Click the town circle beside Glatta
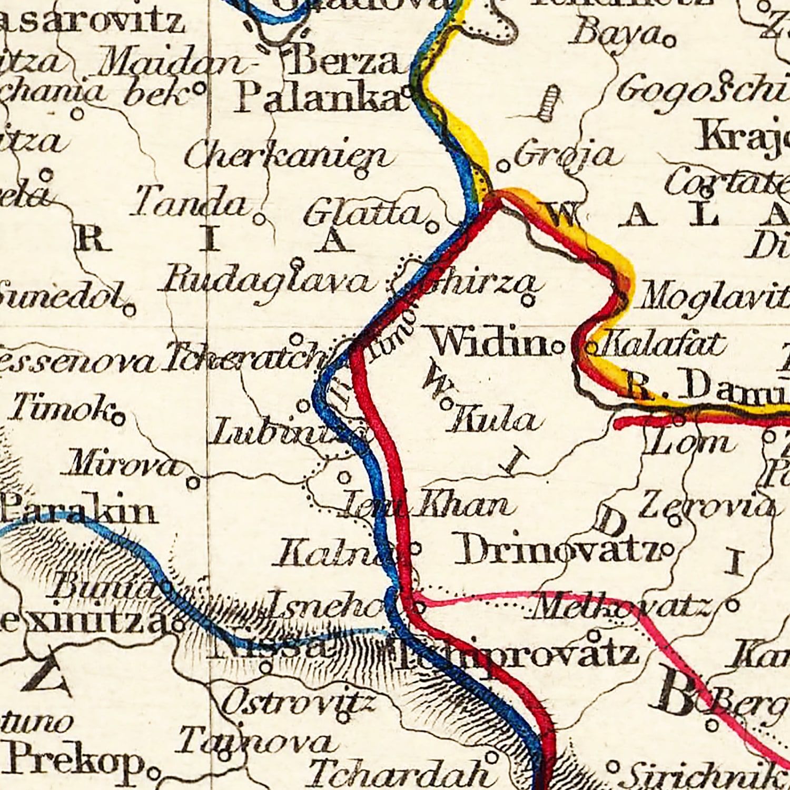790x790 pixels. [x=432, y=228]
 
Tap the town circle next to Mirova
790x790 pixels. [x=193, y=482]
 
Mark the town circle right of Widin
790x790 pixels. [x=558, y=347]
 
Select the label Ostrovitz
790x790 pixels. [x=298, y=703]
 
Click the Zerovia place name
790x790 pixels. [x=706, y=506]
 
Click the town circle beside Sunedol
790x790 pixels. [x=130, y=310]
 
